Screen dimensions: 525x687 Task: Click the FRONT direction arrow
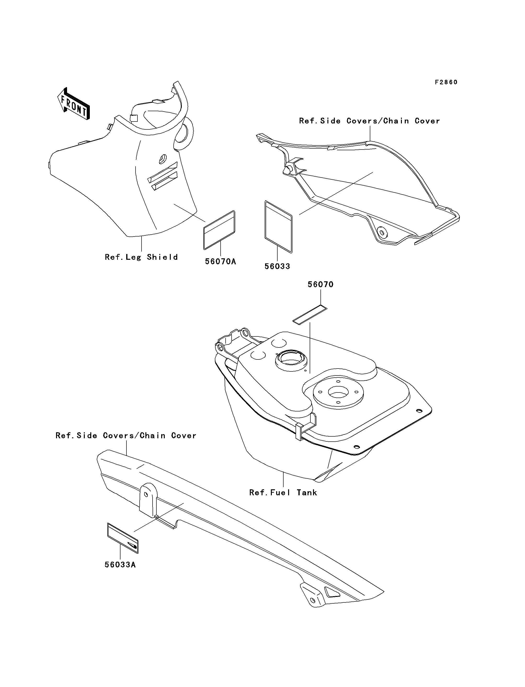(74, 103)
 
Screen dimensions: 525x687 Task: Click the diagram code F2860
(446, 82)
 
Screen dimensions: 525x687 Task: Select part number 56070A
(221, 261)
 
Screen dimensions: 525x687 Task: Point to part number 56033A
(120, 565)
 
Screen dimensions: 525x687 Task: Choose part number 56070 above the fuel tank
(321, 285)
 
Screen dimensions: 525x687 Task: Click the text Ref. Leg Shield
(141, 257)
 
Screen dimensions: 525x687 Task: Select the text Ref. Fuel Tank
(283, 492)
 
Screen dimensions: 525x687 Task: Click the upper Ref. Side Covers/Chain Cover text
(369, 121)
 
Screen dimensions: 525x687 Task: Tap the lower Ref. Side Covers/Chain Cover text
(126, 436)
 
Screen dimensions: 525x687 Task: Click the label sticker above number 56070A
(219, 230)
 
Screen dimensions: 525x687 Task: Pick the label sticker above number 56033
(279, 227)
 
